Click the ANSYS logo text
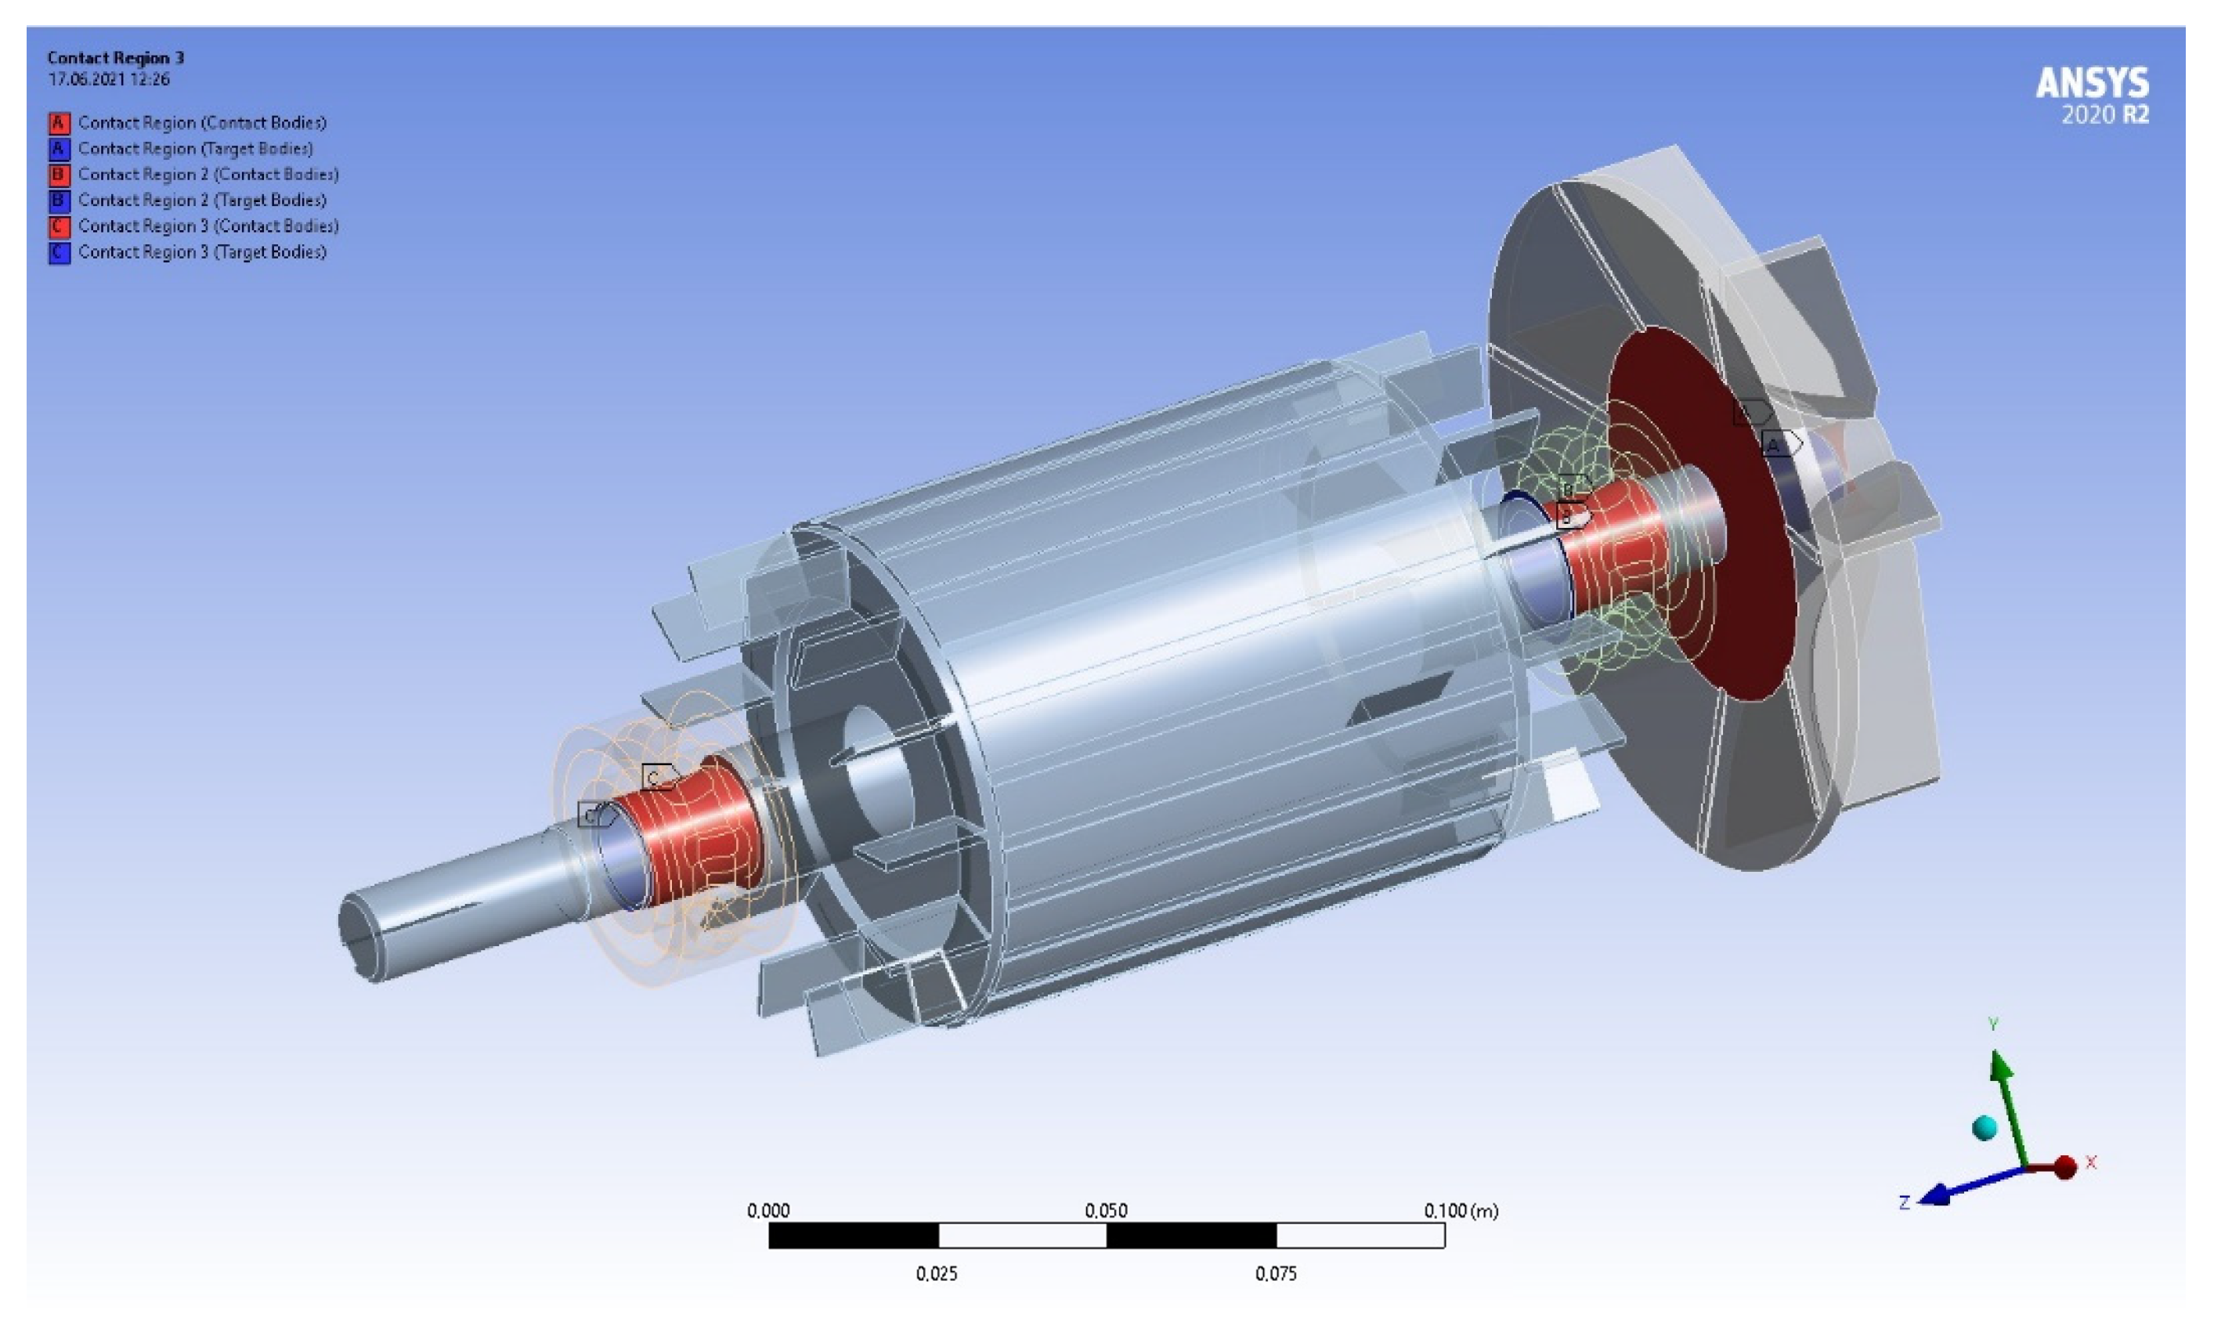click(x=2092, y=83)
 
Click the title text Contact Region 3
click(x=115, y=58)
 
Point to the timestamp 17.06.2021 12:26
click(x=108, y=79)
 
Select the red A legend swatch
click(x=59, y=122)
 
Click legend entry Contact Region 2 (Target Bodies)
click(x=202, y=200)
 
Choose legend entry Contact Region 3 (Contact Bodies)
click(x=208, y=226)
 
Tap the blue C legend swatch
click(x=59, y=252)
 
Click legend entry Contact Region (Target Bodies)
click(x=196, y=149)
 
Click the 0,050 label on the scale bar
click(x=1105, y=1210)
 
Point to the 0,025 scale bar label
click(x=937, y=1273)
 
